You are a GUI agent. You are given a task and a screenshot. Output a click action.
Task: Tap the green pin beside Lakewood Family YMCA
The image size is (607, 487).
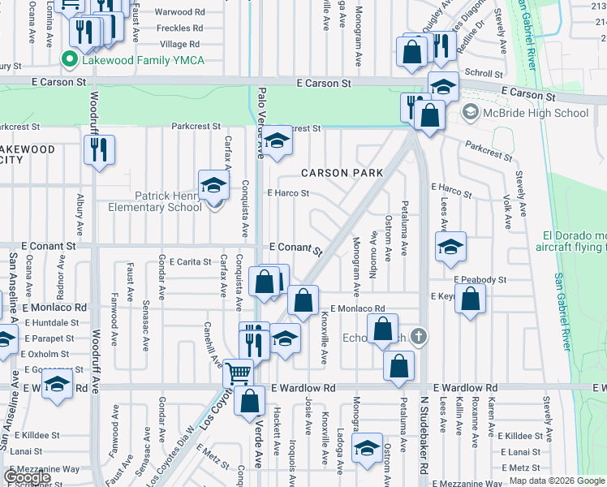[70, 58]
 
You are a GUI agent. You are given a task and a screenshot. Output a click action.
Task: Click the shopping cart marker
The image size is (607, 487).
[238, 373]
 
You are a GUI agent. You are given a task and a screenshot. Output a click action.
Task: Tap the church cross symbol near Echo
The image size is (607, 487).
[418, 336]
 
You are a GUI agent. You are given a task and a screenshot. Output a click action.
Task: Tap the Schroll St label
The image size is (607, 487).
[485, 73]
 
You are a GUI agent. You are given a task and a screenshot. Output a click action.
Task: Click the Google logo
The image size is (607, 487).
[27, 477]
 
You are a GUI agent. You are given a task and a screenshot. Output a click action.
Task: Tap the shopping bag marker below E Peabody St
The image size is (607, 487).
[470, 298]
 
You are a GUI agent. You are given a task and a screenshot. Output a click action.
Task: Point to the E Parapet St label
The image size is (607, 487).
[49, 338]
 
